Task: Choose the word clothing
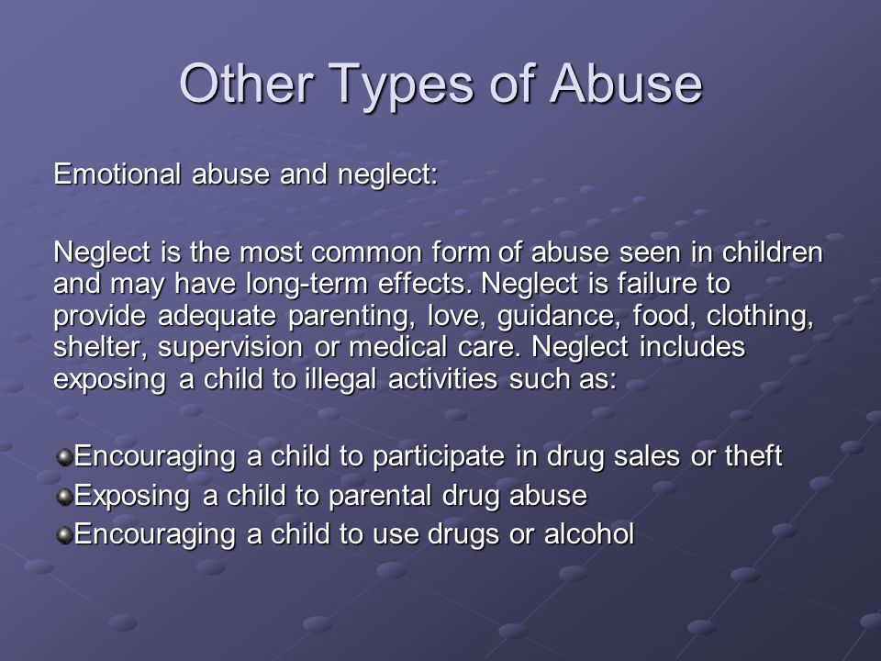click(760, 316)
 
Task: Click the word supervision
click(230, 348)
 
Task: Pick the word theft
click(753, 455)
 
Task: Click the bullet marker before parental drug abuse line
click(65, 496)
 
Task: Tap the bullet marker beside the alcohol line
click(65, 534)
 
